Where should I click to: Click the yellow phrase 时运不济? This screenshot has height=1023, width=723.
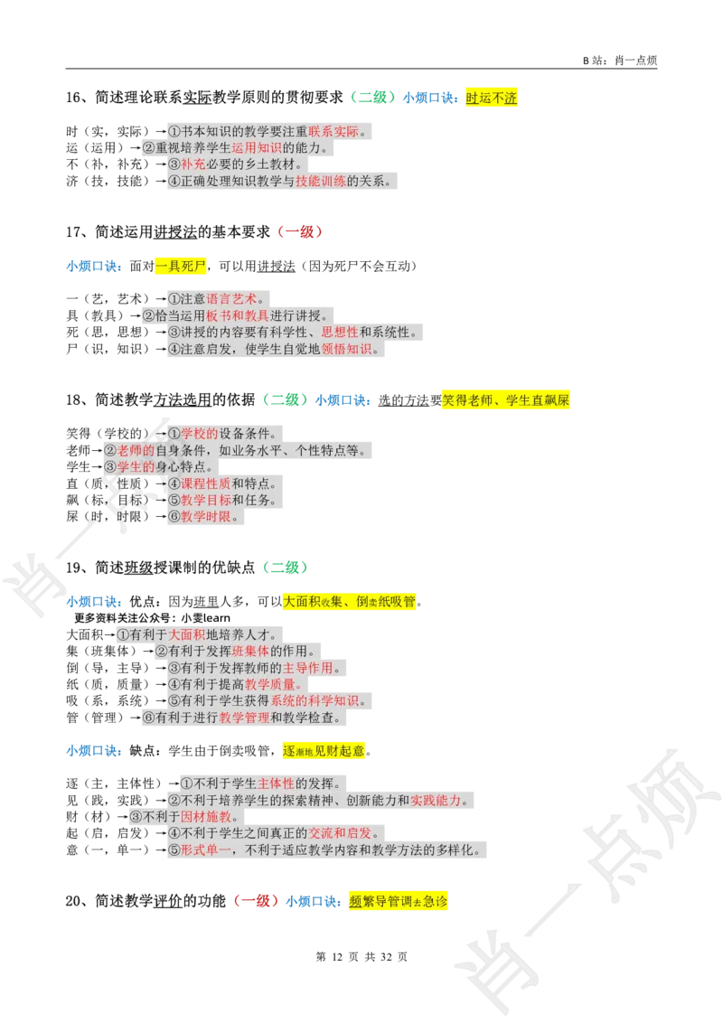[x=491, y=99]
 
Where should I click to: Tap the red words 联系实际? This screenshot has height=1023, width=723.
[x=333, y=132]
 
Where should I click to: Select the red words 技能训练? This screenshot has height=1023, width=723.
[x=321, y=181]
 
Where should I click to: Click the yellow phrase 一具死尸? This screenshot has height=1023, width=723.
[x=181, y=267]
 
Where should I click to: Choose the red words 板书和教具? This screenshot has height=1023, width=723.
[x=231, y=315]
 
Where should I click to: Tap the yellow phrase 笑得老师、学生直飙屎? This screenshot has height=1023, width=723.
[x=505, y=400]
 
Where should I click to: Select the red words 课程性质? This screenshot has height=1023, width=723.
[x=206, y=483]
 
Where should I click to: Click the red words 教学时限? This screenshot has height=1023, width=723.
[x=206, y=517]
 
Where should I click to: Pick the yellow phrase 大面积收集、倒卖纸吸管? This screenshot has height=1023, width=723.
[x=350, y=602]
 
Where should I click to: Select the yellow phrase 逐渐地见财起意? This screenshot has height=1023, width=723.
[x=324, y=750]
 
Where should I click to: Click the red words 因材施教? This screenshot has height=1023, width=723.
[x=207, y=817]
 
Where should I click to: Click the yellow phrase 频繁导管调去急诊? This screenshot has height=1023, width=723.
[x=398, y=901]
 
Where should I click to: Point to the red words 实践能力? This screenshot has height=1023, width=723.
[x=436, y=801]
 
